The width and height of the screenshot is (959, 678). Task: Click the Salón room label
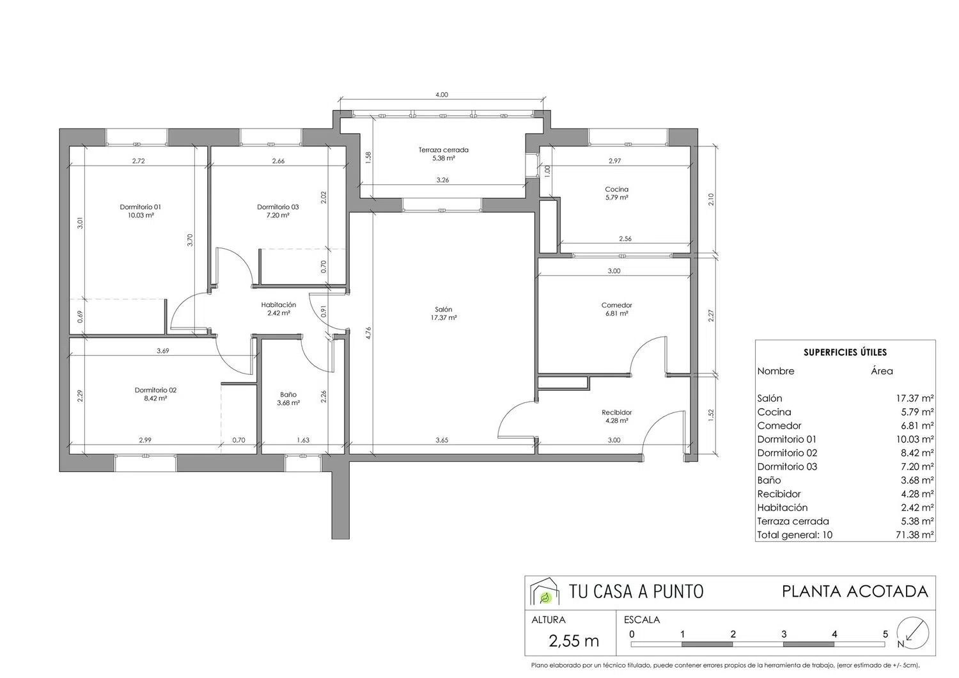[443, 309]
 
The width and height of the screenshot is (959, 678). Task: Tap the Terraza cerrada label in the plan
[443, 150]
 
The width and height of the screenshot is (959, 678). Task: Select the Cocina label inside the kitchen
[616, 189]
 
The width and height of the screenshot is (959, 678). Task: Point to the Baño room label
[288, 395]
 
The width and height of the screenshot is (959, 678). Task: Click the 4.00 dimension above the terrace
[441, 95]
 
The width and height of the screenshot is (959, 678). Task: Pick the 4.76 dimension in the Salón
[369, 333]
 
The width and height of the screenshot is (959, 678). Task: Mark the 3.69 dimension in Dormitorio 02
[162, 351]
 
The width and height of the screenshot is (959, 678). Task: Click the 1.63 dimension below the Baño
[303, 440]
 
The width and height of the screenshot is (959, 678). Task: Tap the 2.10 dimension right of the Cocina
[711, 200]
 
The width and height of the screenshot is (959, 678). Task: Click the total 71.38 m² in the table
[914, 535]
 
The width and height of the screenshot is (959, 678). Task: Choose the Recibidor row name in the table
[779, 494]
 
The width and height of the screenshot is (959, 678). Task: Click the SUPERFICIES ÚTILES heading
[845, 352]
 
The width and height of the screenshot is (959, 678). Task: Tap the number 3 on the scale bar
[783, 635]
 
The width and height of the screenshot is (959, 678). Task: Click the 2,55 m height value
[573, 641]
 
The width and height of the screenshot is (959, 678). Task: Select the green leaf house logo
[545, 591]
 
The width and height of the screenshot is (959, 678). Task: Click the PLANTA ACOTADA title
[855, 592]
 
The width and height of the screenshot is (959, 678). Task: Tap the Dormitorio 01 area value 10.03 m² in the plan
[141, 216]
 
